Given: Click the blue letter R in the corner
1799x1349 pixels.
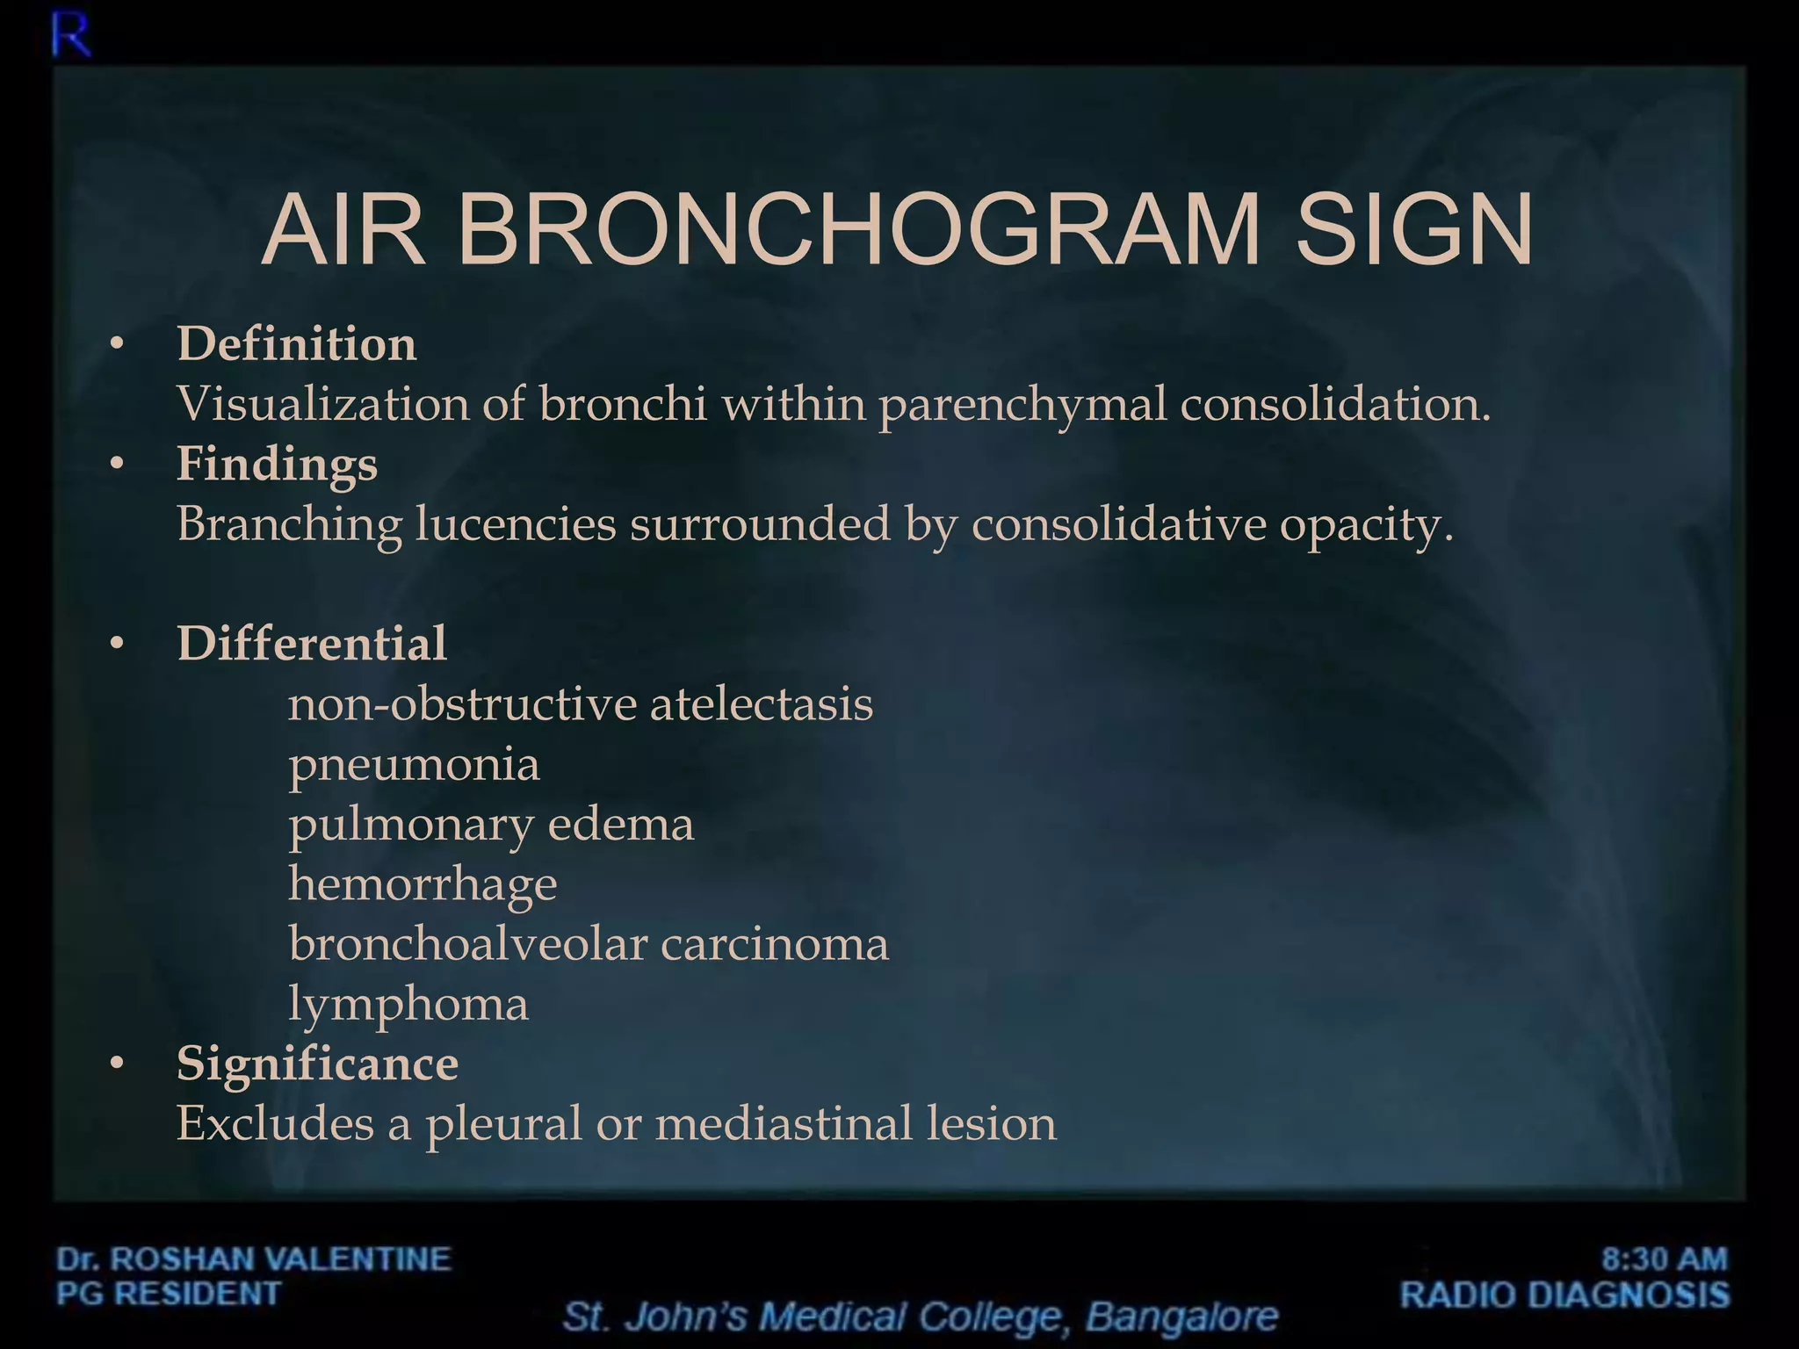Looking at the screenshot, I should click(x=70, y=38).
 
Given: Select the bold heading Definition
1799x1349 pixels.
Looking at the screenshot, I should click(x=297, y=343).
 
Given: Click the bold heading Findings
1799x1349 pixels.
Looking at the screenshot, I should click(x=277, y=464).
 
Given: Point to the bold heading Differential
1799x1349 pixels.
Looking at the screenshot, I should click(x=312, y=643).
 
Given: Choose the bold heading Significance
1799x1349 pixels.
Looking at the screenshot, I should click(x=317, y=1064).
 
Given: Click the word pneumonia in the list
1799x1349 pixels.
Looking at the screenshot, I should click(x=414, y=763).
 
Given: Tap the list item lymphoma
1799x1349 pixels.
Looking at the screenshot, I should click(x=408, y=1004).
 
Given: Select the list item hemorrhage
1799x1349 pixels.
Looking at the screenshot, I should click(x=423, y=884).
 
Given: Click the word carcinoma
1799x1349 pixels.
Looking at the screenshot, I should click(x=774, y=944).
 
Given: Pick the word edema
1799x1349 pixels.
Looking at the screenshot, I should click(x=620, y=824).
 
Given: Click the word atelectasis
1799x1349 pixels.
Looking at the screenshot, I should click(x=761, y=703).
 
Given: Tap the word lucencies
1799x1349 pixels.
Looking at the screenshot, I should click(x=516, y=524).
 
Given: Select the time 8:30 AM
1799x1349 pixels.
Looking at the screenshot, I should click(x=1664, y=1259).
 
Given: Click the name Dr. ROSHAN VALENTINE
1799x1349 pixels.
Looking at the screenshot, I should click(x=254, y=1259).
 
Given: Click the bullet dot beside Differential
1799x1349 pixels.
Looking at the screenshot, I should click(x=117, y=644).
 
